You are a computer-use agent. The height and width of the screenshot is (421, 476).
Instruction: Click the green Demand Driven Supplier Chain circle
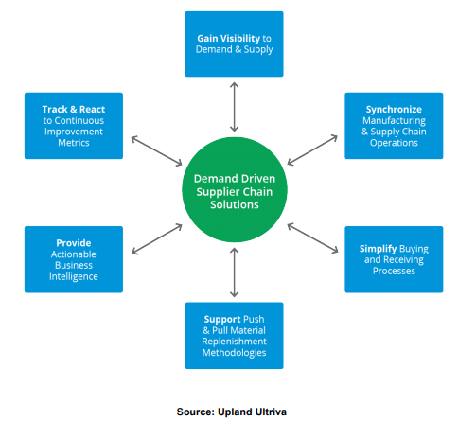coord(235,189)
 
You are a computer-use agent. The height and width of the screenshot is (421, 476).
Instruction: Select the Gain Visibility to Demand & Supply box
coord(234,44)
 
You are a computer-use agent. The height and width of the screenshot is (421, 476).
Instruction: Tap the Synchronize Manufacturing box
coord(394,126)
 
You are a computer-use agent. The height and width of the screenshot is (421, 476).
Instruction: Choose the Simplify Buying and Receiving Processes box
coord(394,259)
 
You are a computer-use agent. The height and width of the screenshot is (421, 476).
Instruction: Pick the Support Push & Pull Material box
coord(234,336)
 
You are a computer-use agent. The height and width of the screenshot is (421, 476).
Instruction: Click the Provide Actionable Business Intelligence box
coord(74,259)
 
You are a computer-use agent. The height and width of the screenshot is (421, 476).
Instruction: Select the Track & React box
coord(74,126)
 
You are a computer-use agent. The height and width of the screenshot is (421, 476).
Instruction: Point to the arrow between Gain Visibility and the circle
coord(234,107)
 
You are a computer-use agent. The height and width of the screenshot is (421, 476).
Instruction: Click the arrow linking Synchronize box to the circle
coord(312,150)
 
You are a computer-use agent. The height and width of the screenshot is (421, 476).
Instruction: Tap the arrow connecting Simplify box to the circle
coord(312,238)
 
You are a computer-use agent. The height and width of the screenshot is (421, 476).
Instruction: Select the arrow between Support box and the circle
coord(234,272)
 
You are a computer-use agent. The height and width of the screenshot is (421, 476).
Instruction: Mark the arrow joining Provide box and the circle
coord(157,239)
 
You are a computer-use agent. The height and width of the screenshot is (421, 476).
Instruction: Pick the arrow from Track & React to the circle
coord(156,150)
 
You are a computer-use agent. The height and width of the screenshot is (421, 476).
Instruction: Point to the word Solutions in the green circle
coord(235,204)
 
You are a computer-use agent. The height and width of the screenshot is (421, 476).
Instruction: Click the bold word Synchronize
coord(394,110)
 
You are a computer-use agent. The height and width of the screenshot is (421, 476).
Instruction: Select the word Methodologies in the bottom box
coord(234,353)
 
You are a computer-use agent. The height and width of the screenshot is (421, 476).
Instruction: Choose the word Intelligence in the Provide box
coord(74,276)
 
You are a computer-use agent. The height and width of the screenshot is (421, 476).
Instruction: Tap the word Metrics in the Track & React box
coord(74,143)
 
